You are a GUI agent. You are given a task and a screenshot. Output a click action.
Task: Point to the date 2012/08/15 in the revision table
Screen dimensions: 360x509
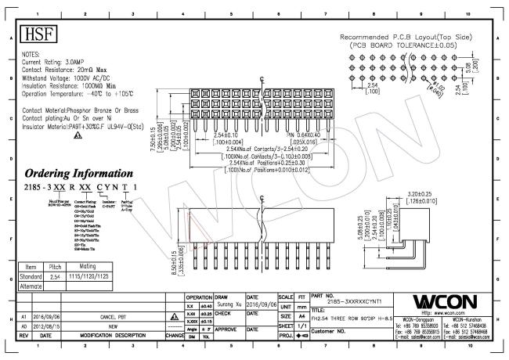46,325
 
